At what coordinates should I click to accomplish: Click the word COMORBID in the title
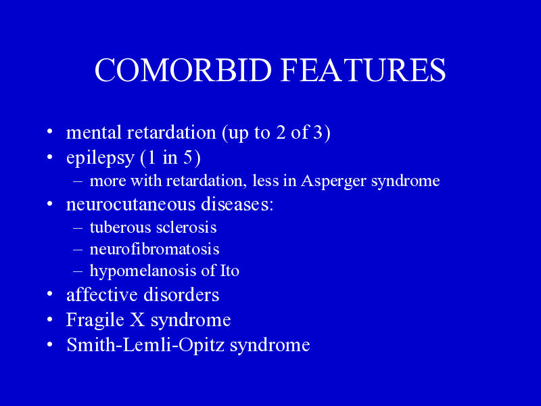click(183, 70)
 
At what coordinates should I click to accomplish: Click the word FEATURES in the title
click(363, 70)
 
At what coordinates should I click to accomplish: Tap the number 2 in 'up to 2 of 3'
click(281, 132)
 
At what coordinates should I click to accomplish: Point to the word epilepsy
click(100, 158)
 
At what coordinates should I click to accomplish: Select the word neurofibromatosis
click(155, 249)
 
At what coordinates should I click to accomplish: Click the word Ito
click(230, 270)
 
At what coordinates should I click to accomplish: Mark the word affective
click(102, 294)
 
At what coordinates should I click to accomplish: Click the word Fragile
click(95, 320)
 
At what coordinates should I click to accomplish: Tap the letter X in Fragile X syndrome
click(137, 319)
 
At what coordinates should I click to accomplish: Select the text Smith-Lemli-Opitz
click(145, 345)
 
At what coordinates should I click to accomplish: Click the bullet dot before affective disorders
click(50, 294)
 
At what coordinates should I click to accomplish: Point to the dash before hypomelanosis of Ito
click(78, 271)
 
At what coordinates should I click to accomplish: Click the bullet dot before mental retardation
click(50, 131)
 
